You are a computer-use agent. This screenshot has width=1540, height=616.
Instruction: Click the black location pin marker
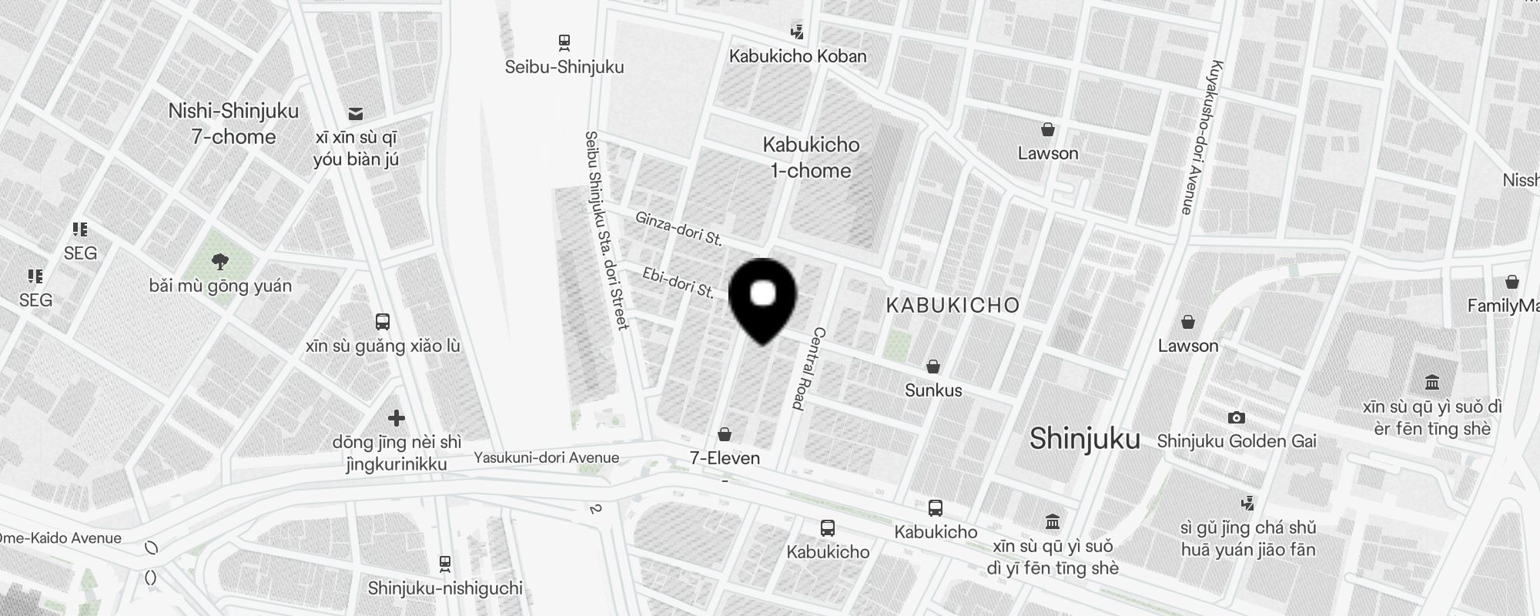tap(762, 297)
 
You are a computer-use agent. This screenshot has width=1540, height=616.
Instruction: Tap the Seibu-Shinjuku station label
tap(564, 67)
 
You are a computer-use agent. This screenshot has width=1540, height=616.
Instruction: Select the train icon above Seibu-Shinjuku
tap(564, 42)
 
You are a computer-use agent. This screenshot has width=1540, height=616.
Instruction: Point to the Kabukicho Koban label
tap(798, 56)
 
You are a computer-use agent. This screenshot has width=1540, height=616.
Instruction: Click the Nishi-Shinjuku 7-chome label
tap(233, 124)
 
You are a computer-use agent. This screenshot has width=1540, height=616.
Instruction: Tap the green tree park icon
tap(220, 262)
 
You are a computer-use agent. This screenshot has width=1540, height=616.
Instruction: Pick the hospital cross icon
tap(397, 418)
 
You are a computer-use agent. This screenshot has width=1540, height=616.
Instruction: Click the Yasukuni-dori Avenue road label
tap(546, 457)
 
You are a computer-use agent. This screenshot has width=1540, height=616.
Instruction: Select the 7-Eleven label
tap(725, 458)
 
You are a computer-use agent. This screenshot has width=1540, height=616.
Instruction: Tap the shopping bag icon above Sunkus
tap(933, 367)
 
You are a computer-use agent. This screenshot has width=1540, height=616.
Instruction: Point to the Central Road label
tap(808, 368)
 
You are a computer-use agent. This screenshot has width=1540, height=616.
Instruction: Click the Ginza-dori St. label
tap(678, 229)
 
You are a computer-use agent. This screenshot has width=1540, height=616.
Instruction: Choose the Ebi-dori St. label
tap(678, 283)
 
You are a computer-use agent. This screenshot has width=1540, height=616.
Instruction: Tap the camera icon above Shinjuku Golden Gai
tap(1236, 417)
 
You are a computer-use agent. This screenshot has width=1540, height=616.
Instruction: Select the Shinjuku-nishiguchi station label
tap(445, 588)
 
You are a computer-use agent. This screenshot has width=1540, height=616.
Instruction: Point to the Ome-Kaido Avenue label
tap(61, 538)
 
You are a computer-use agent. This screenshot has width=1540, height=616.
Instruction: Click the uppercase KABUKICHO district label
tap(952, 306)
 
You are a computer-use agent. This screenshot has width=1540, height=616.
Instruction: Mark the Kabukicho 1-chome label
tap(811, 157)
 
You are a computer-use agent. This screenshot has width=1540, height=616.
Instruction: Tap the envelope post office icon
tap(356, 114)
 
